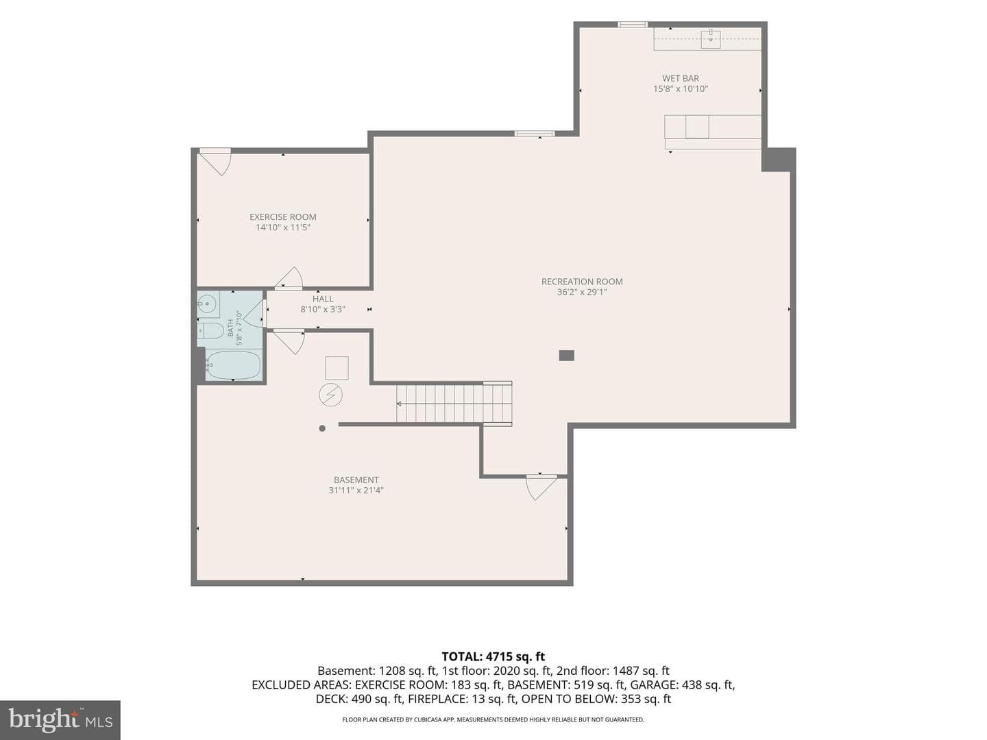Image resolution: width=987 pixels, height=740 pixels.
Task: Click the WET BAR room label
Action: tap(680, 78)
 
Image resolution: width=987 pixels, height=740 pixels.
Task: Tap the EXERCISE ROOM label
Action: tap(283, 217)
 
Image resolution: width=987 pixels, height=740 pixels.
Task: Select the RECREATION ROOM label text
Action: tap(582, 282)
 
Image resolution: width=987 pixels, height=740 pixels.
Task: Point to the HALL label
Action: tap(323, 299)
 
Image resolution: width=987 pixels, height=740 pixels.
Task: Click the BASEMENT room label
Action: tap(356, 480)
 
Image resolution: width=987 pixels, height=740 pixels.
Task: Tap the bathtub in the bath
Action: tap(233, 365)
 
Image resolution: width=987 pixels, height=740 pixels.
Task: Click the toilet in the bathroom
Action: tap(210, 330)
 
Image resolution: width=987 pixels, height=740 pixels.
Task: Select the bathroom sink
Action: tap(208, 304)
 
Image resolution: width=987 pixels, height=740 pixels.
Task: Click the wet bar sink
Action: tap(711, 38)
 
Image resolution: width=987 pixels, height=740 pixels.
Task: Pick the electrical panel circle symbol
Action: tap(330, 395)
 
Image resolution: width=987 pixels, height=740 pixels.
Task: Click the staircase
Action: tap(454, 403)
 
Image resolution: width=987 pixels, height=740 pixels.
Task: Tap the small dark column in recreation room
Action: tap(567, 356)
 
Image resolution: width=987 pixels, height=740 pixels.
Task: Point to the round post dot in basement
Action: tap(322, 428)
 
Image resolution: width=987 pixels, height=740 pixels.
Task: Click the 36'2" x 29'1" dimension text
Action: tap(582, 293)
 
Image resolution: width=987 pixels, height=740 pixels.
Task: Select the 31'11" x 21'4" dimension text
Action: tap(356, 490)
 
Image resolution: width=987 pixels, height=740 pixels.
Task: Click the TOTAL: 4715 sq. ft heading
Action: tap(493, 657)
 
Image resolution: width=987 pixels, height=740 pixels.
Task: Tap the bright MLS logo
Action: tap(60, 719)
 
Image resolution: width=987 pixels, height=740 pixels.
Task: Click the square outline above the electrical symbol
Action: tap(337, 368)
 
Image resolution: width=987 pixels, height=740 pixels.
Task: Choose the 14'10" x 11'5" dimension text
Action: tap(283, 227)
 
